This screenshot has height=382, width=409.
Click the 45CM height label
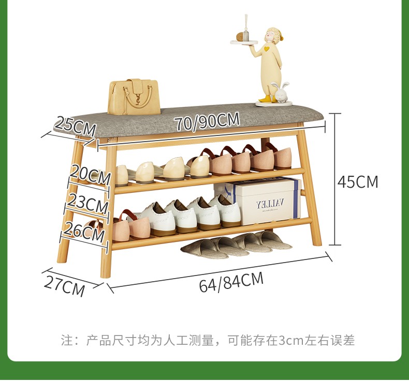[x=358, y=182]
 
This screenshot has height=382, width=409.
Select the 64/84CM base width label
[x=231, y=282]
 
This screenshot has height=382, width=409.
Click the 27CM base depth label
[x=65, y=286]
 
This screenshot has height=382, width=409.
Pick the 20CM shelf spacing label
[x=91, y=174]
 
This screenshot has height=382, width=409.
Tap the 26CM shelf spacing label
[x=86, y=231]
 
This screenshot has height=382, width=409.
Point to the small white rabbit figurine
[x=280, y=93]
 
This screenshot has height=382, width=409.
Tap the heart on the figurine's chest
[x=267, y=49]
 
